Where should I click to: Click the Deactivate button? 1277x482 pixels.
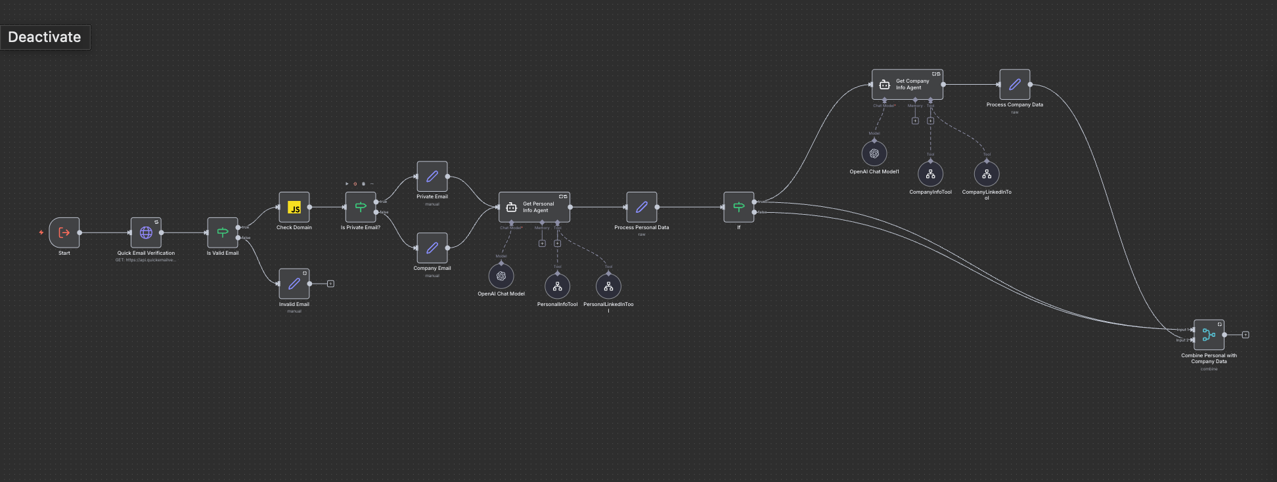[45, 37]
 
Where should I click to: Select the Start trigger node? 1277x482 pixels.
[64, 232]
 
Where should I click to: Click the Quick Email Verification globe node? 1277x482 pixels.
[146, 232]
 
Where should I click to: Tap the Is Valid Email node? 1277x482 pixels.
[223, 232]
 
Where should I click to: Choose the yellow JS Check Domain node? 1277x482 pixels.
[294, 208]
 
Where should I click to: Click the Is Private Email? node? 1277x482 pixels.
[361, 208]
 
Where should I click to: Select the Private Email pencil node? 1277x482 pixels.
[432, 177]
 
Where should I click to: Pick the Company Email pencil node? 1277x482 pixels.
[432, 248]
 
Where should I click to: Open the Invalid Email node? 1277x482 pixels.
[294, 284]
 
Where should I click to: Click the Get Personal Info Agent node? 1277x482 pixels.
[534, 208]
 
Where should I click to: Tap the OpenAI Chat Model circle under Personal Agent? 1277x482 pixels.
[501, 276]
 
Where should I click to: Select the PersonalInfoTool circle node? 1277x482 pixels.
[557, 286]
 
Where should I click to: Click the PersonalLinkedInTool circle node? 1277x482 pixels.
[608, 286]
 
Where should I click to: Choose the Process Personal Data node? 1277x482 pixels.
[642, 208]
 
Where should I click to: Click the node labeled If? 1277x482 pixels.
[739, 208]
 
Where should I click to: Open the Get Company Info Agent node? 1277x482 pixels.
[907, 85]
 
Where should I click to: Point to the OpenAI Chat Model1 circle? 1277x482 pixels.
[874, 154]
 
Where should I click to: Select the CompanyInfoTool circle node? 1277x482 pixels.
[930, 174]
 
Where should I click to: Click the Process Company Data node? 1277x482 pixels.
[1015, 85]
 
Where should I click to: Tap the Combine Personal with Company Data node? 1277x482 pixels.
[1209, 335]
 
